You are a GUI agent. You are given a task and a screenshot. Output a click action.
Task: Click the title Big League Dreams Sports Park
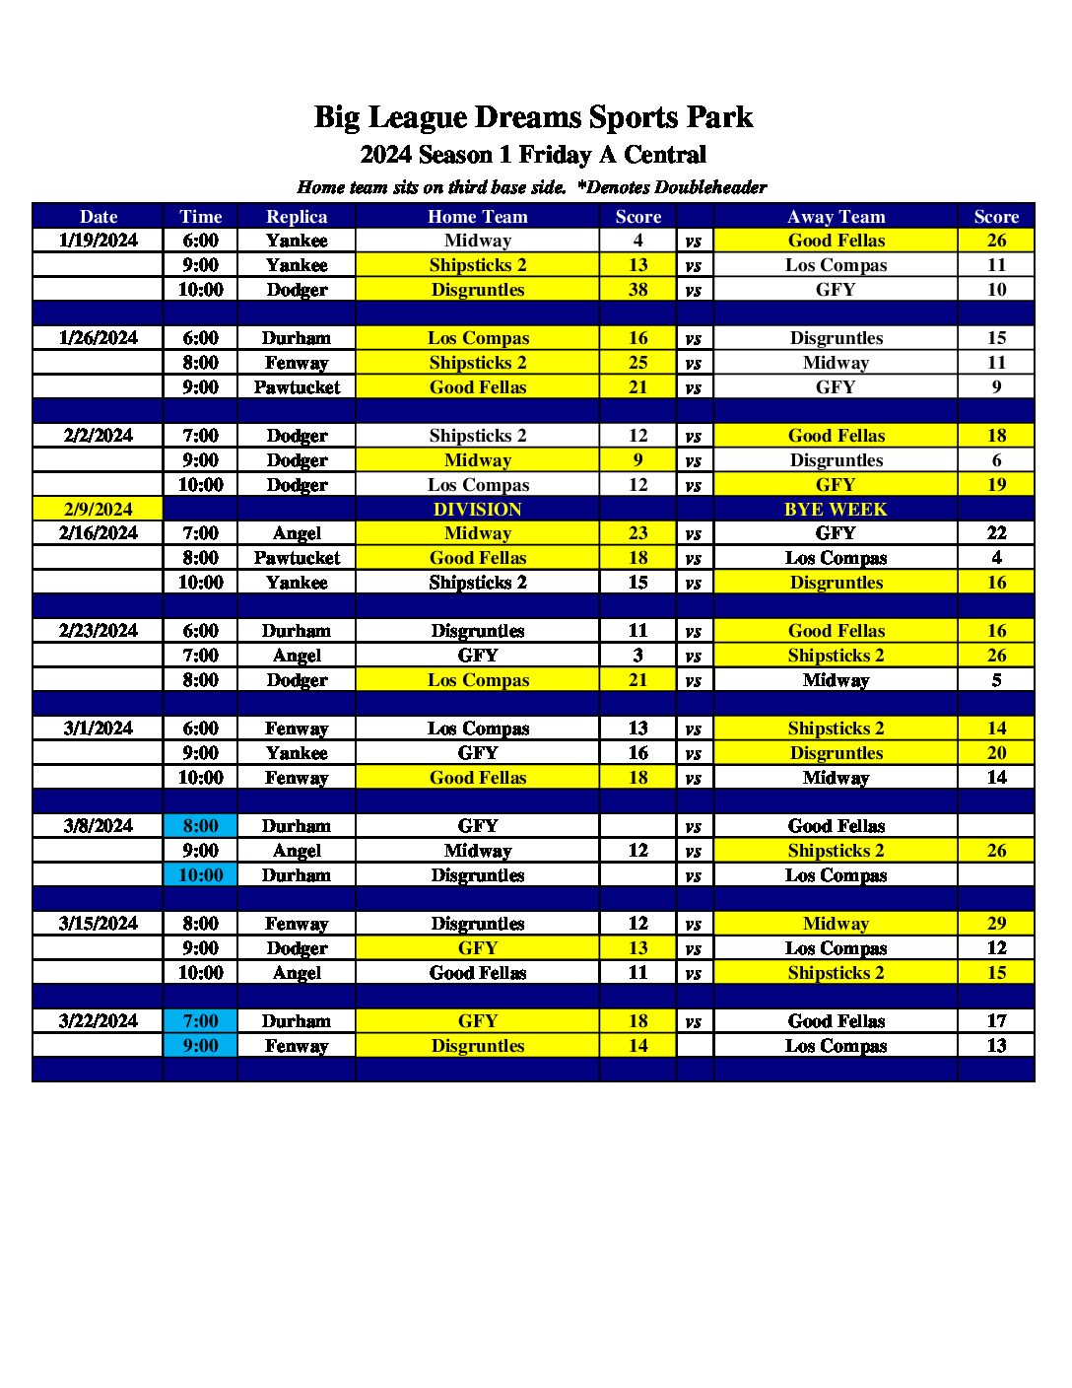[533, 117]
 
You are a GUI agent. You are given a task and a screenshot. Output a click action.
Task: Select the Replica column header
[297, 217]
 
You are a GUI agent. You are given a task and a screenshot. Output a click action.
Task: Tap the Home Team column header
[478, 217]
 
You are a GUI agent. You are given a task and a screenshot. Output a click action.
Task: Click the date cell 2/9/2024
[99, 510]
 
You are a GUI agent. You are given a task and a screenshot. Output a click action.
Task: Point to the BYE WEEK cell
[836, 510]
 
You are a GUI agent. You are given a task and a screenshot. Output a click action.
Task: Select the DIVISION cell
[478, 510]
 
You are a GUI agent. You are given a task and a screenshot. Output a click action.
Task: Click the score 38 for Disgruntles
[638, 290]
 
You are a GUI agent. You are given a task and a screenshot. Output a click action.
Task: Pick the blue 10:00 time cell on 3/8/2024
[200, 875]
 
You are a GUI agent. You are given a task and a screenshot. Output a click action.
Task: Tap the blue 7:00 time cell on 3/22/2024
[200, 1021]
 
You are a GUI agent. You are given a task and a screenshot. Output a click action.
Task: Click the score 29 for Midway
[996, 924]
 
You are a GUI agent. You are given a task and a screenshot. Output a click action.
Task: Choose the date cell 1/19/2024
[99, 241]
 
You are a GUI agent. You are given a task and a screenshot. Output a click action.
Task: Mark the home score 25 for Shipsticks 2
[638, 363]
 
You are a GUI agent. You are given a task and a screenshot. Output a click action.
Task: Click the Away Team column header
[836, 217]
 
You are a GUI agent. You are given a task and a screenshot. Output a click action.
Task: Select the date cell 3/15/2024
[99, 924]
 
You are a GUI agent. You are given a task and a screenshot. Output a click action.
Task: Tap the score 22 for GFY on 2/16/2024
[996, 533]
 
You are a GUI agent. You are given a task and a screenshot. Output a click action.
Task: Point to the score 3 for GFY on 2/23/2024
[638, 656]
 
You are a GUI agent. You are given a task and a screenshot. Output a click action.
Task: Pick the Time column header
[200, 217]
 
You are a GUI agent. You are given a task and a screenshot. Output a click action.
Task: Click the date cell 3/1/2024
[99, 729]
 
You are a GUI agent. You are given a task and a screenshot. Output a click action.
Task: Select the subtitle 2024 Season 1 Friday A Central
[533, 155]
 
